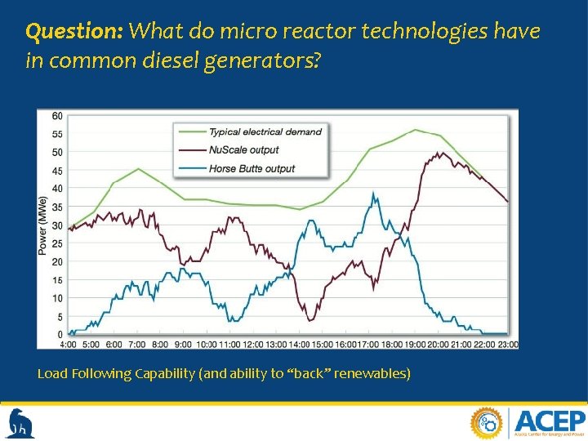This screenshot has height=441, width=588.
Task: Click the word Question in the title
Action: (73, 32)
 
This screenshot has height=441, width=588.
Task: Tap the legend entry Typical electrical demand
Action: (265, 131)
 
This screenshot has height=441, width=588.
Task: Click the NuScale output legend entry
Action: (243, 149)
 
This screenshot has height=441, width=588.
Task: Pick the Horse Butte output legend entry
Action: (252, 168)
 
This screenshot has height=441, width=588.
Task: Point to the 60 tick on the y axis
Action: (57, 115)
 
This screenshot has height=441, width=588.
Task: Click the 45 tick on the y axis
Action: (57, 171)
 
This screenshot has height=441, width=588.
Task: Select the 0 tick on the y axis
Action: (60, 335)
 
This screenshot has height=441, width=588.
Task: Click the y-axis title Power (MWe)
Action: (42, 225)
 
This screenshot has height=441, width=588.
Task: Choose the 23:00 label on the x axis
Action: (507, 345)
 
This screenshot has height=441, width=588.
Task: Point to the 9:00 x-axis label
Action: (183, 345)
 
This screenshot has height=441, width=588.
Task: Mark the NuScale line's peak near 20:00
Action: (439, 153)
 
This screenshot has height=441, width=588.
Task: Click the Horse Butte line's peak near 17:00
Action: (373, 194)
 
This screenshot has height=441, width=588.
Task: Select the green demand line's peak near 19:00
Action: (416, 130)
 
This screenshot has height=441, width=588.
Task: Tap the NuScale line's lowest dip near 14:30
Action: (310, 319)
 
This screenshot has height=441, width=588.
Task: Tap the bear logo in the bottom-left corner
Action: (21, 424)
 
